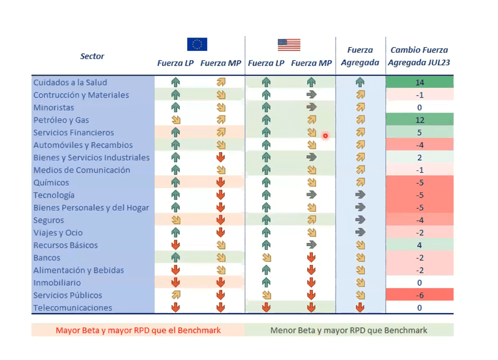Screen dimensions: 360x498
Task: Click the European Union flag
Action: point(197,44)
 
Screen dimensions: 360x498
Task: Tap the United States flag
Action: point(289,45)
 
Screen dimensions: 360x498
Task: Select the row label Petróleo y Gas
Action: point(61,120)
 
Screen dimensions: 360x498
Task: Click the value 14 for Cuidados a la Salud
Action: point(419,82)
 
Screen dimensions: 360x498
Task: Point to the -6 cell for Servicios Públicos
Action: point(419,295)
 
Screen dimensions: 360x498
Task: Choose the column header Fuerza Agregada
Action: point(360,56)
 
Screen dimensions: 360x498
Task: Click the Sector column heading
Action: point(92,56)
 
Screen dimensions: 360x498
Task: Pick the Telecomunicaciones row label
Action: point(73,308)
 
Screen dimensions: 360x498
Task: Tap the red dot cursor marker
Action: point(325,136)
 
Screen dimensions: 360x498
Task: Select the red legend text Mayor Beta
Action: point(138,330)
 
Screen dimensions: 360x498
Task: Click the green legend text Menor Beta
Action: point(349,330)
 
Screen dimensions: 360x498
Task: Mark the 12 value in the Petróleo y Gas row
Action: point(419,120)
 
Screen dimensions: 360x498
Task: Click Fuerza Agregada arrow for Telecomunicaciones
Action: point(360,308)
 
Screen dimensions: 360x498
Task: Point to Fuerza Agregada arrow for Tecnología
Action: point(360,195)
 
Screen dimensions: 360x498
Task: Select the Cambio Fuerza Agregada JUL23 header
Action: point(419,56)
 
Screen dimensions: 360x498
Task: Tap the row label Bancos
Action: point(47,257)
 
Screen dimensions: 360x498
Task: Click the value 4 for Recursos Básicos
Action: point(419,245)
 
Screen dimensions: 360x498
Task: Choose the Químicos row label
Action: point(51,182)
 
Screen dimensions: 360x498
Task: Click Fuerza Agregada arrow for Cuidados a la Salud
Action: point(360,82)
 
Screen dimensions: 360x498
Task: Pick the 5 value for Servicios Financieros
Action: point(419,132)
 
